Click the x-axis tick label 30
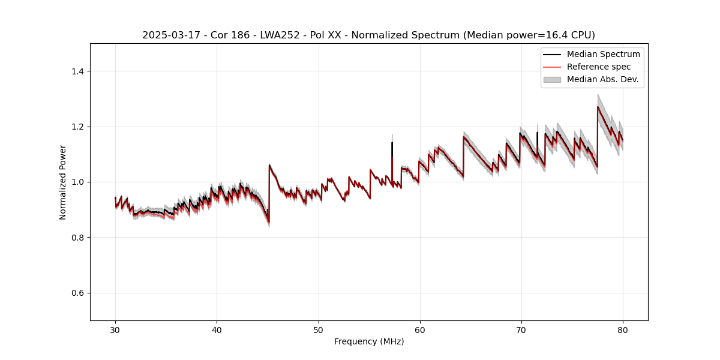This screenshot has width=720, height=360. pos(115,330)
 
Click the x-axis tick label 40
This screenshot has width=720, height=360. pos(217,330)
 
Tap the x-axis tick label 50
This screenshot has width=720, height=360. pos(318,330)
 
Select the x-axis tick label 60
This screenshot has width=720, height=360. pos(420,330)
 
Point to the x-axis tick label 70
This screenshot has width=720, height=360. pos(521,330)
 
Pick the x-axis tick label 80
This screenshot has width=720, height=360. pos(623,330)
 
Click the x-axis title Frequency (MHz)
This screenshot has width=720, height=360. pos(369,341)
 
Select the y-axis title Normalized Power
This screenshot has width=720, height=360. pos(62,182)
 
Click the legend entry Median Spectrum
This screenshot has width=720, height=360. pos(603,54)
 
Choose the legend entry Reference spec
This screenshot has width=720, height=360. pos(599,67)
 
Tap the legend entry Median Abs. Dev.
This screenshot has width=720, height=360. pos(602,79)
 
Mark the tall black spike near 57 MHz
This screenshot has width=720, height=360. pos(392,144)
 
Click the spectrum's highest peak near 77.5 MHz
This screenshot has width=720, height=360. pos(598,107)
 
